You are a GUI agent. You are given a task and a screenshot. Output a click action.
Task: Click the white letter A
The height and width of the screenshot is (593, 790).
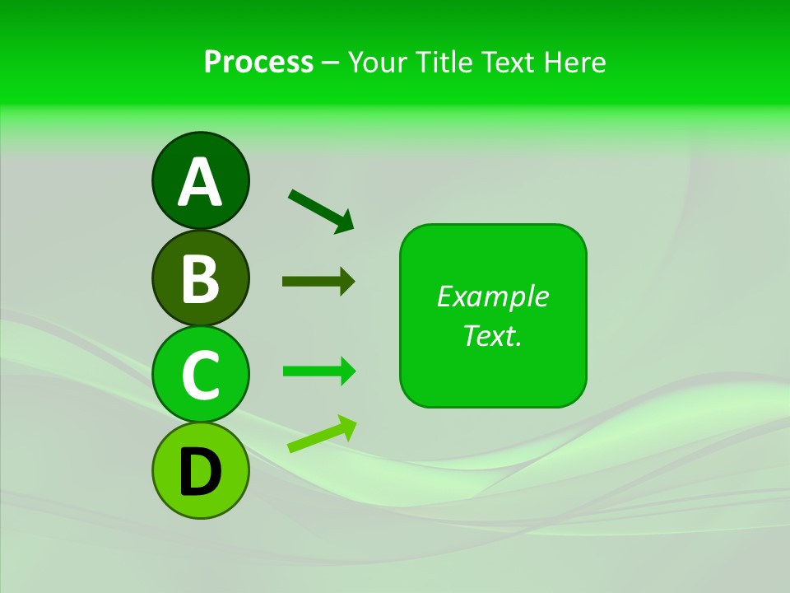pos(200,183)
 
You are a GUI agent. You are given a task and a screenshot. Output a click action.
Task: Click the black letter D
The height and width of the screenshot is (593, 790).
pos(200,471)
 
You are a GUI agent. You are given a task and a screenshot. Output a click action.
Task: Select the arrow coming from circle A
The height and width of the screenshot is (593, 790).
pos(322,210)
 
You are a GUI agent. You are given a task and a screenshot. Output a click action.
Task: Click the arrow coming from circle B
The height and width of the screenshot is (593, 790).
pos(318,281)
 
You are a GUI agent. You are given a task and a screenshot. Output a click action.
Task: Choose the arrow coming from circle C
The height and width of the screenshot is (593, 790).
pos(319,371)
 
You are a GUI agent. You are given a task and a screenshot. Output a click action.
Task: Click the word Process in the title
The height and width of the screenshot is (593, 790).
pos(258,62)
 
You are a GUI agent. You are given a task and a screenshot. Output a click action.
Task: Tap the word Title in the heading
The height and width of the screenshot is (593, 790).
pos(444,62)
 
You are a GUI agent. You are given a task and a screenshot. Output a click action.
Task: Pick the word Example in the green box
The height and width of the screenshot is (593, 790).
pos(492,296)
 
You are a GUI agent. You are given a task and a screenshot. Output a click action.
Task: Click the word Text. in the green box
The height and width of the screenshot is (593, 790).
pos(492,335)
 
